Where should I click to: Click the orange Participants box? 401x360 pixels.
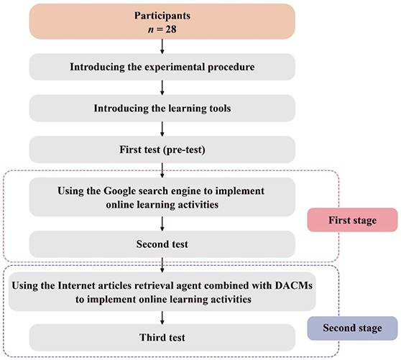(x=162, y=22)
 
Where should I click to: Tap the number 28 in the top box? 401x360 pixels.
(x=171, y=29)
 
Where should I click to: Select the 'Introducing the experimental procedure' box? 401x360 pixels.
(x=162, y=67)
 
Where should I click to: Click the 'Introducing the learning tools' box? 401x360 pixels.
(x=162, y=109)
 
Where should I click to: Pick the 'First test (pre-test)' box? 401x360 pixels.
(x=162, y=149)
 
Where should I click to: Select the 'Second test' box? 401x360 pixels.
(x=162, y=244)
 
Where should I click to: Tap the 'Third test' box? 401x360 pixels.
(x=162, y=338)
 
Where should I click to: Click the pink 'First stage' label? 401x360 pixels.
(x=352, y=220)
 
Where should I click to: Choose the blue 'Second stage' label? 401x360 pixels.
(x=352, y=328)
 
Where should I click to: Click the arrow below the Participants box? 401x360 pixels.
(x=162, y=46)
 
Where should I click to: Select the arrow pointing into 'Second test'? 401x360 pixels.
(x=162, y=223)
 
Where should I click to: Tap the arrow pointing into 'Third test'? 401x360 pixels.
(x=162, y=318)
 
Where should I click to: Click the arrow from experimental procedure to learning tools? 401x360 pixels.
(x=162, y=88)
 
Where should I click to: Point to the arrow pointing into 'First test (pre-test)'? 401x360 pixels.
(x=162, y=129)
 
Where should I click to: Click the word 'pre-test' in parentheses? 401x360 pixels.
(x=184, y=150)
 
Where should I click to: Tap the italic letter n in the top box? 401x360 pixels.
(x=151, y=29)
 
